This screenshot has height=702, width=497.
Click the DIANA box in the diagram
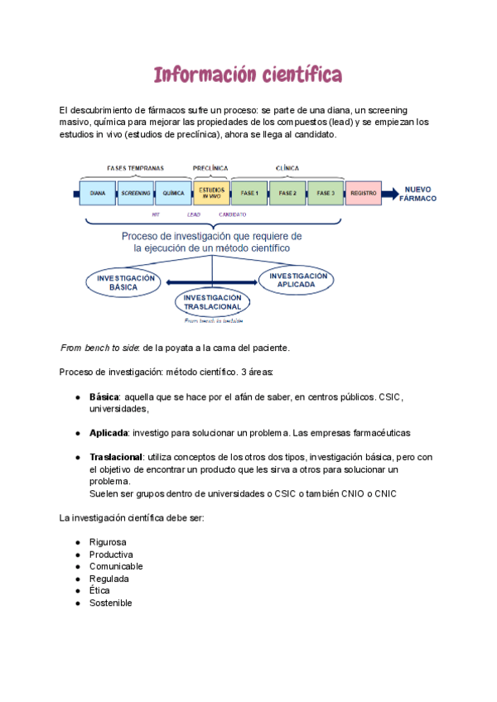(x=97, y=193)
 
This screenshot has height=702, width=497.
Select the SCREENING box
(x=135, y=193)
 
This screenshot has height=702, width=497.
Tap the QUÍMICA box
(x=173, y=193)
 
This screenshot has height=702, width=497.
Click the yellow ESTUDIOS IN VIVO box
(x=211, y=193)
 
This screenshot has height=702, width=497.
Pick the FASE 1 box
(x=249, y=193)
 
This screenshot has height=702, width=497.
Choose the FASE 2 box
(x=287, y=193)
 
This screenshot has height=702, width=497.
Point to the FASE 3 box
(x=326, y=193)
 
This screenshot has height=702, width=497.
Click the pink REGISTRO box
(x=364, y=193)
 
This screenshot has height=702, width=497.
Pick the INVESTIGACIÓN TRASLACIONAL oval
(x=212, y=302)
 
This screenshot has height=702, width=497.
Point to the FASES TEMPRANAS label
(x=135, y=168)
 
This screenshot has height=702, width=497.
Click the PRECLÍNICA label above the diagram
(x=210, y=168)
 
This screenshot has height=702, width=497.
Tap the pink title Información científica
(x=248, y=75)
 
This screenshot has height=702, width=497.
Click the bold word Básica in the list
(x=104, y=397)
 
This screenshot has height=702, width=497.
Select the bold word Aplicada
(x=108, y=433)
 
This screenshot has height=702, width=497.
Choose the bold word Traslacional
(x=115, y=457)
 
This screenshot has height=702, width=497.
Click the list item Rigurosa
(x=108, y=542)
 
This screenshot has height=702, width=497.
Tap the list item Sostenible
(x=110, y=603)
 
